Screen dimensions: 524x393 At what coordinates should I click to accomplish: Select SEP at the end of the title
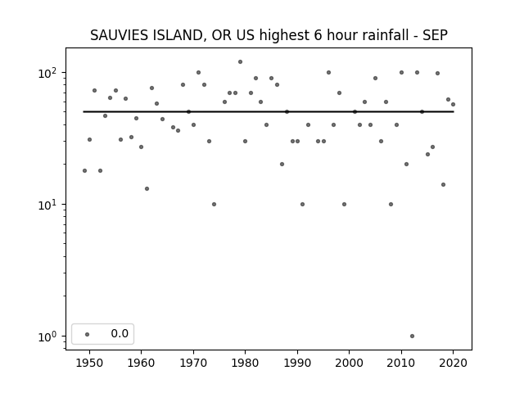click(435, 35)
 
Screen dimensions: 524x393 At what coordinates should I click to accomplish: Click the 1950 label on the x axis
click(89, 363)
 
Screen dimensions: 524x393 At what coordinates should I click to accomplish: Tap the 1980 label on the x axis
click(245, 363)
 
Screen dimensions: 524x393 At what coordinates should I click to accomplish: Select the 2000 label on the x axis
click(350, 363)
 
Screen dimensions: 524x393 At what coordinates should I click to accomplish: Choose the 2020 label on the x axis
click(453, 363)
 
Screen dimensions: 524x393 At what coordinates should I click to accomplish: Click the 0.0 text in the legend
click(120, 333)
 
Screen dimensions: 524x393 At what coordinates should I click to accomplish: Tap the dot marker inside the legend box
click(88, 334)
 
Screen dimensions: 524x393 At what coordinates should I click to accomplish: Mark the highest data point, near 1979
click(240, 62)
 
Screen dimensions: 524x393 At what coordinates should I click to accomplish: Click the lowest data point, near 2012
click(412, 337)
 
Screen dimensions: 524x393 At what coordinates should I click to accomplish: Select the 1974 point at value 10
click(214, 204)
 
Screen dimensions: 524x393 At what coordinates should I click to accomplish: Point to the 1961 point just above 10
click(147, 189)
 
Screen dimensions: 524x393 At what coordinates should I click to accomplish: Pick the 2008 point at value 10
click(391, 204)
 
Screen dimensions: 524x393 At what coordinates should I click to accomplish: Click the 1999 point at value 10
click(344, 204)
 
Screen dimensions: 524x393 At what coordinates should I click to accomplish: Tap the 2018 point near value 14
click(443, 184)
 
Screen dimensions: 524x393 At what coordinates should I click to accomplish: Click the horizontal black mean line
click(269, 111)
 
